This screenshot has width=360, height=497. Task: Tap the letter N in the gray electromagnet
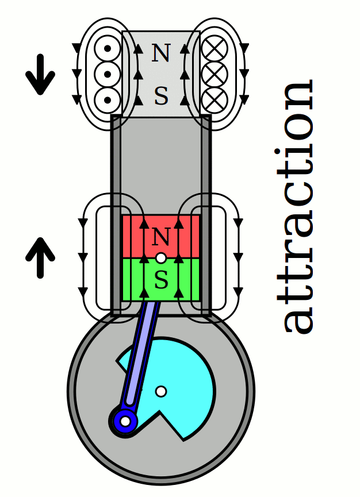[x=161, y=53]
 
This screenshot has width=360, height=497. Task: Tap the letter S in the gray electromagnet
[x=161, y=97]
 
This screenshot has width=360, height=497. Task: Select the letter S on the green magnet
[x=161, y=281]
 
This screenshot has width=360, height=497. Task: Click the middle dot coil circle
[x=107, y=74]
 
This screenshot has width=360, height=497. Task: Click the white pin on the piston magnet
[x=161, y=258]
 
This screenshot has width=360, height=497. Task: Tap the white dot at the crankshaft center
[x=161, y=391]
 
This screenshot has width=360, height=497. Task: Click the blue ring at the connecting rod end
[x=124, y=422]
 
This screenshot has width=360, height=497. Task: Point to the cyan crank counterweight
[x=184, y=373]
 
